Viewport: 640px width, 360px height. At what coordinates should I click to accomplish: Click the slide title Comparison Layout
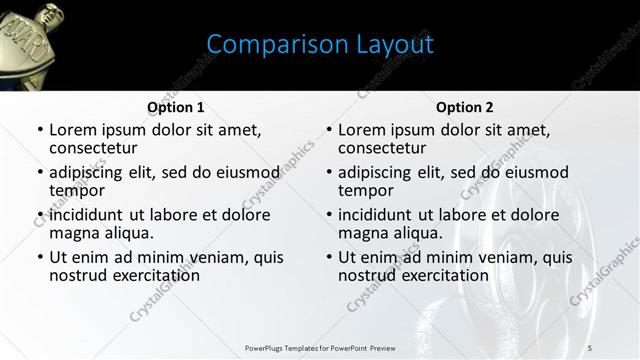click(320, 45)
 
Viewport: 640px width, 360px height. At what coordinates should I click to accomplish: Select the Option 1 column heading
click(176, 107)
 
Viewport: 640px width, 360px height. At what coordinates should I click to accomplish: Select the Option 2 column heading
click(465, 107)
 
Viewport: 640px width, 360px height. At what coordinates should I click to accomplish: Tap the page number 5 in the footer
click(589, 347)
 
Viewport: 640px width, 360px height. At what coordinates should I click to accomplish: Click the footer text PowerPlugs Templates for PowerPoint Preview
click(320, 347)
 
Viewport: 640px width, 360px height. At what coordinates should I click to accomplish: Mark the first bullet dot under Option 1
click(39, 131)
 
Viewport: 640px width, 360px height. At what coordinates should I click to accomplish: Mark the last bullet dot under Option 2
click(328, 257)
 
